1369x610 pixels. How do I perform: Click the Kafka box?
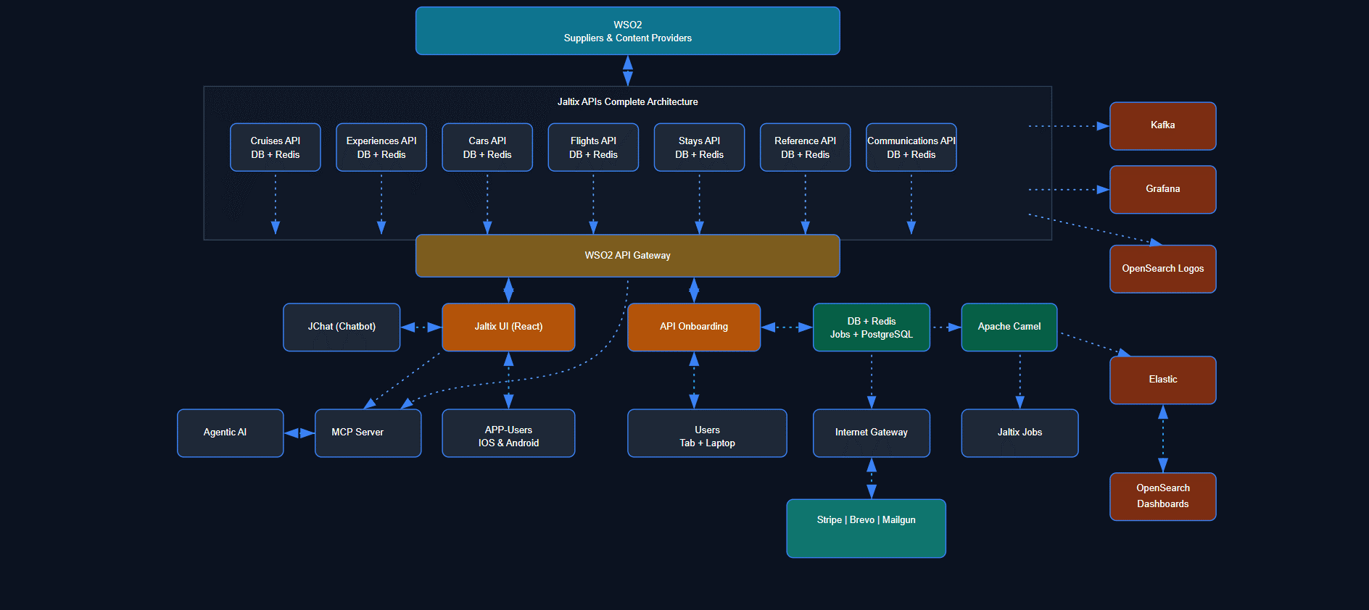[x=1162, y=126]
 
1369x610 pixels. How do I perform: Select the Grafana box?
[x=1162, y=190]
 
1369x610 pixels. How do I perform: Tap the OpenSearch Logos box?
[x=1162, y=269]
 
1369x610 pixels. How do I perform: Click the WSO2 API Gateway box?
[x=627, y=256]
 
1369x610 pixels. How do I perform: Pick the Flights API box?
[x=593, y=148]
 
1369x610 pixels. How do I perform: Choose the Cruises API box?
[x=275, y=148]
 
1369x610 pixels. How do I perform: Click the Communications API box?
[x=911, y=148]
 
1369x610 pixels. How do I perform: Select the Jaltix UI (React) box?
[x=508, y=327]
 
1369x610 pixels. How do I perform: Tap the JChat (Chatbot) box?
[x=342, y=327]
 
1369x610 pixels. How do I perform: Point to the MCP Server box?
[x=368, y=433]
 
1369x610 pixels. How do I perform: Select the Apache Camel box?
[x=1009, y=327]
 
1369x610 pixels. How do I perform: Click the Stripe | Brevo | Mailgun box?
[x=866, y=528]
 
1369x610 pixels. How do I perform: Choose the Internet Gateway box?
[x=871, y=433]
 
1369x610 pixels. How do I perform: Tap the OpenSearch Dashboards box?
[x=1162, y=496]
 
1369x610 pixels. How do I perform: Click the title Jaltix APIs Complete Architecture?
[x=627, y=102]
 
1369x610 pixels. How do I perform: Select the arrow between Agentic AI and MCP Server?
[x=299, y=433]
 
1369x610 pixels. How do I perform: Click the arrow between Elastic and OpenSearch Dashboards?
[x=1162, y=438]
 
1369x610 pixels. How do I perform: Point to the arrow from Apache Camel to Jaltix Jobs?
[x=1019, y=380]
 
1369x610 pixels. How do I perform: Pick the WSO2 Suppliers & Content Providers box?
[x=627, y=31]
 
